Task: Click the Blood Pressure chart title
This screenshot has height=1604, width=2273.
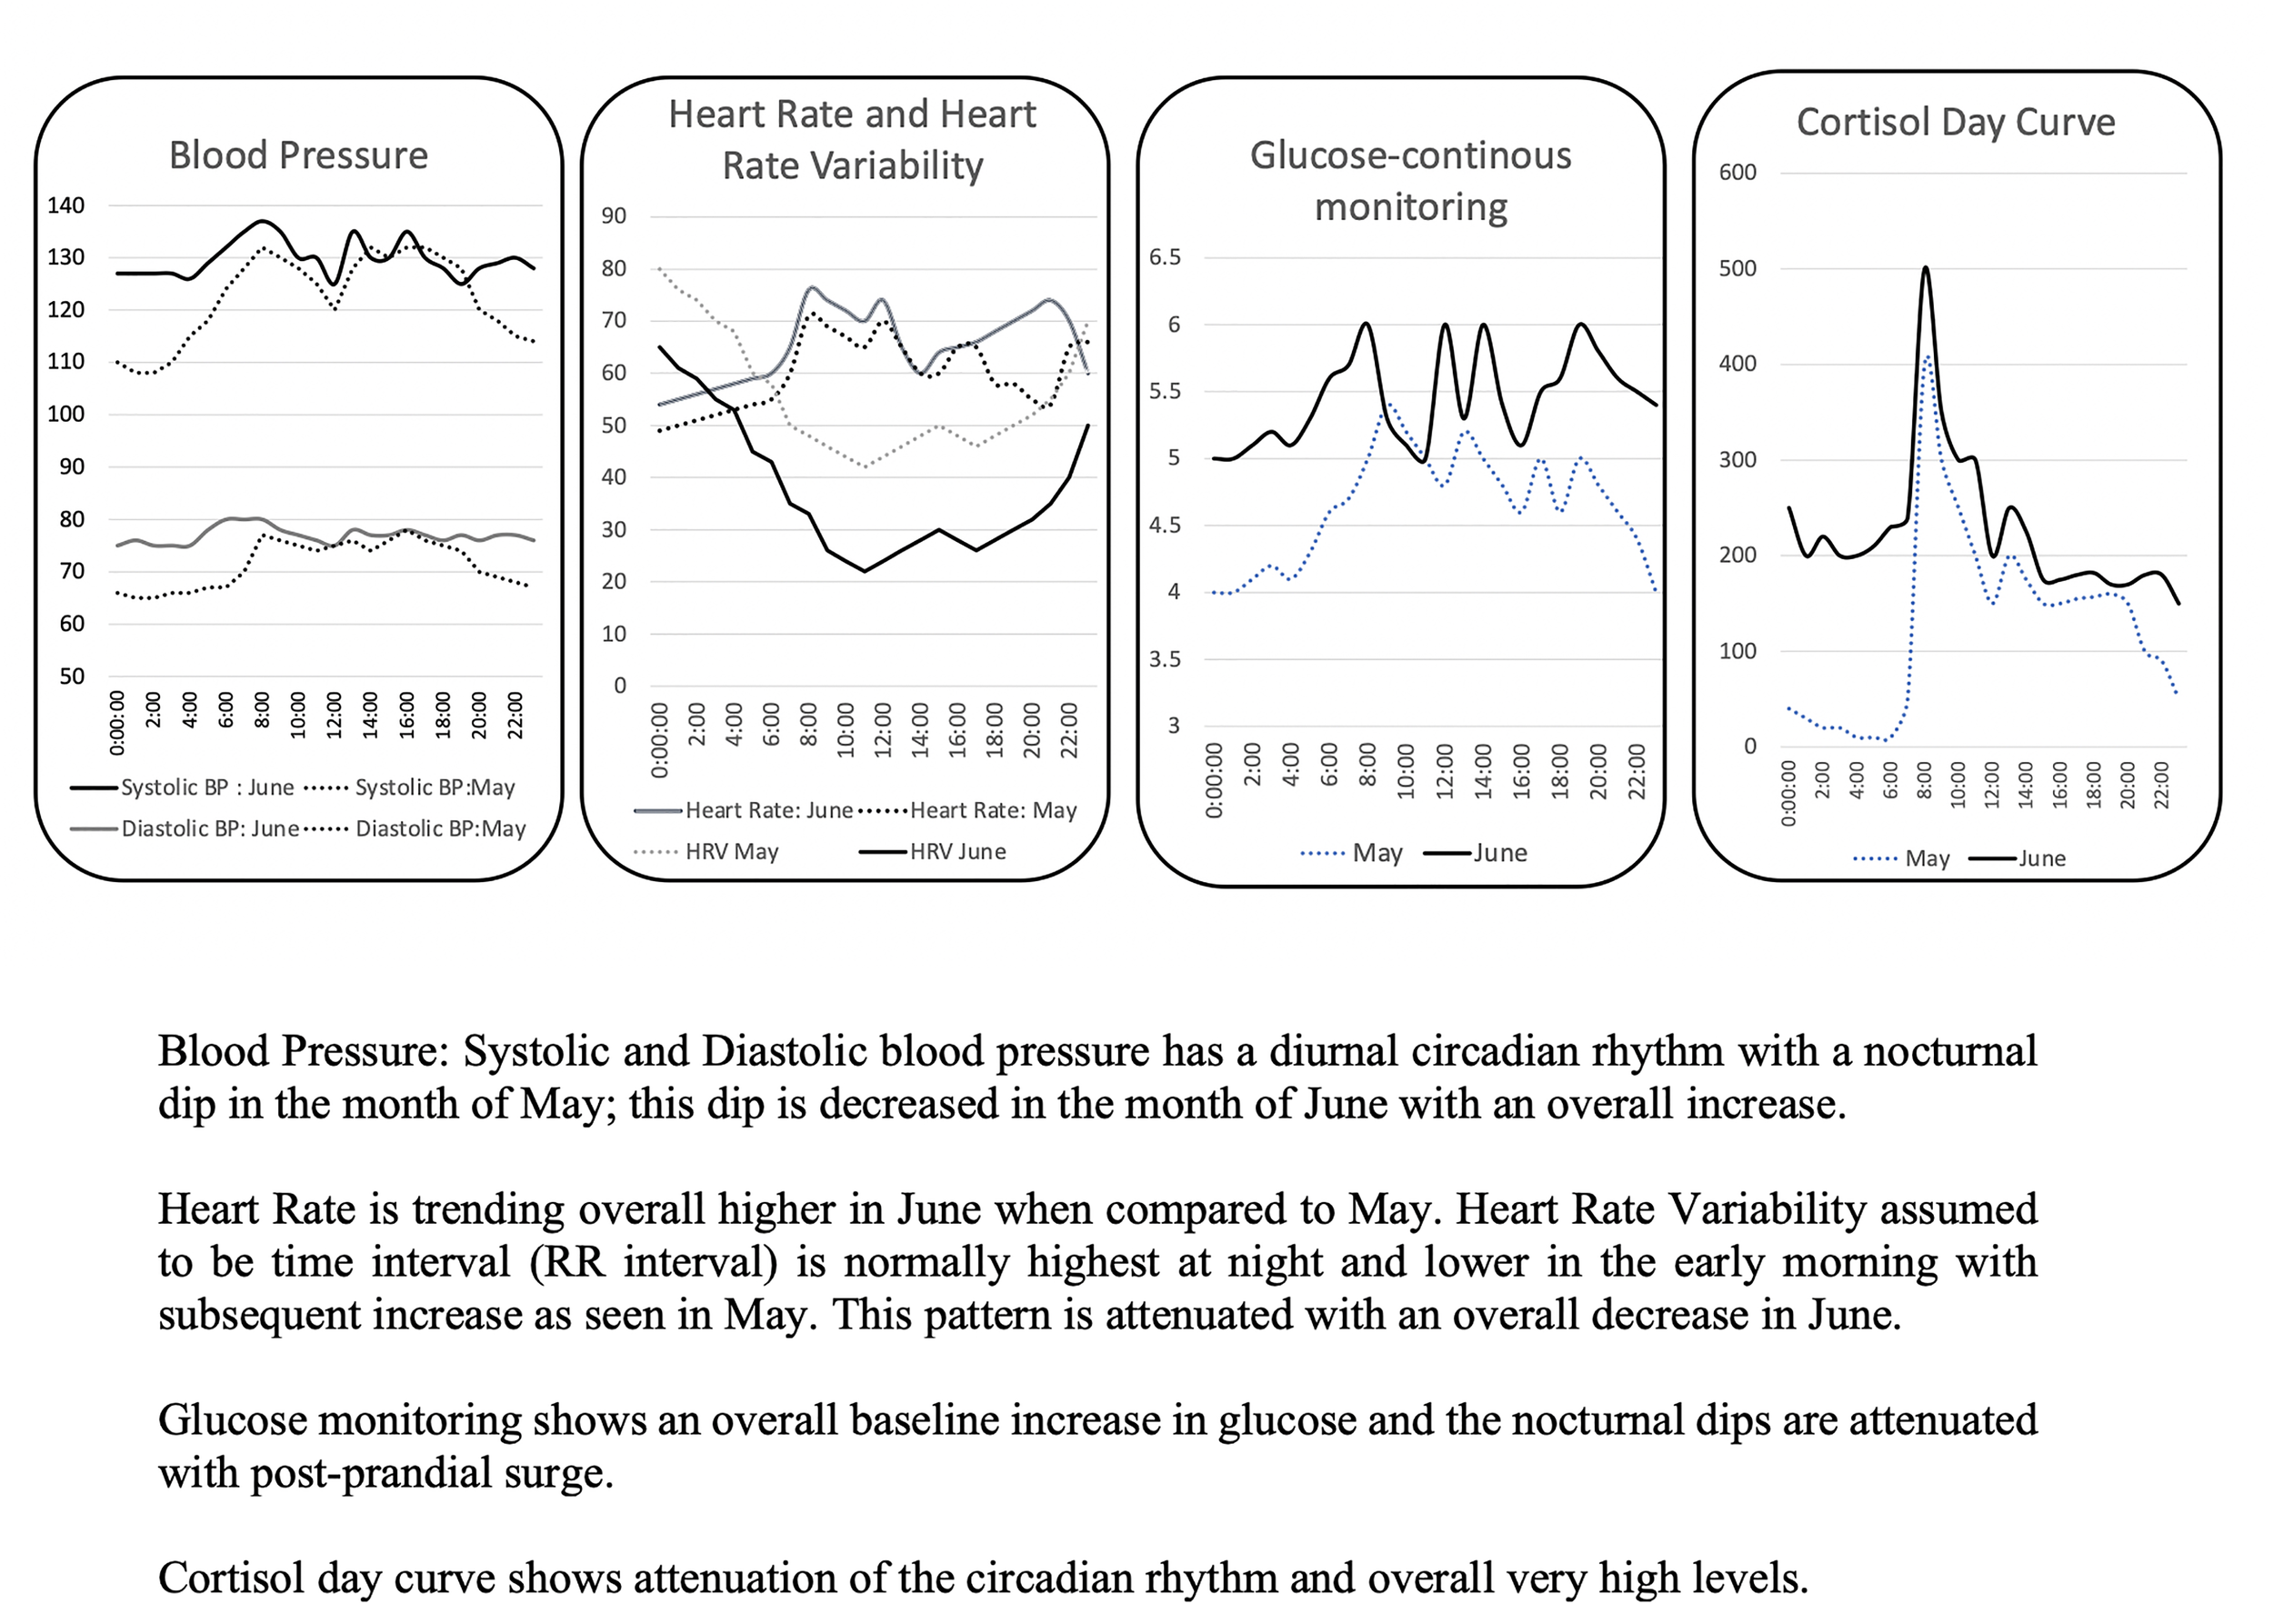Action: point(298,155)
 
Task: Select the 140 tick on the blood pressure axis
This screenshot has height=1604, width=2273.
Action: point(65,205)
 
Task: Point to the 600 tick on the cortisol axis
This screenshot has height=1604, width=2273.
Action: point(1737,172)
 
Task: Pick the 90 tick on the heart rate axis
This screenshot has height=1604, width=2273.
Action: point(614,216)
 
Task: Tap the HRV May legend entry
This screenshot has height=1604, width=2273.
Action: point(731,851)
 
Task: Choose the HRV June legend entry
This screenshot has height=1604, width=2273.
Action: point(956,851)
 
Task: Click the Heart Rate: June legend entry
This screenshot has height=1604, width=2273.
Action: point(768,810)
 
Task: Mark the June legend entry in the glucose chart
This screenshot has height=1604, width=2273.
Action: point(1499,853)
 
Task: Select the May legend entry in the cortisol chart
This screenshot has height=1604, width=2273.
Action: point(1926,858)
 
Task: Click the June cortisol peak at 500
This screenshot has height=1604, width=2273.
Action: point(1926,268)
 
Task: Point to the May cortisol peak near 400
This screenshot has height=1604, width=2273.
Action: point(1927,356)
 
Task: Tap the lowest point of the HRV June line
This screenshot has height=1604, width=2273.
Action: point(865,570)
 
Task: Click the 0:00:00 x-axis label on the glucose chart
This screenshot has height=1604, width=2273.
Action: point(1215,781)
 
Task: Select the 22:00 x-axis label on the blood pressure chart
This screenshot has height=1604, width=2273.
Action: point(515,716)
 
